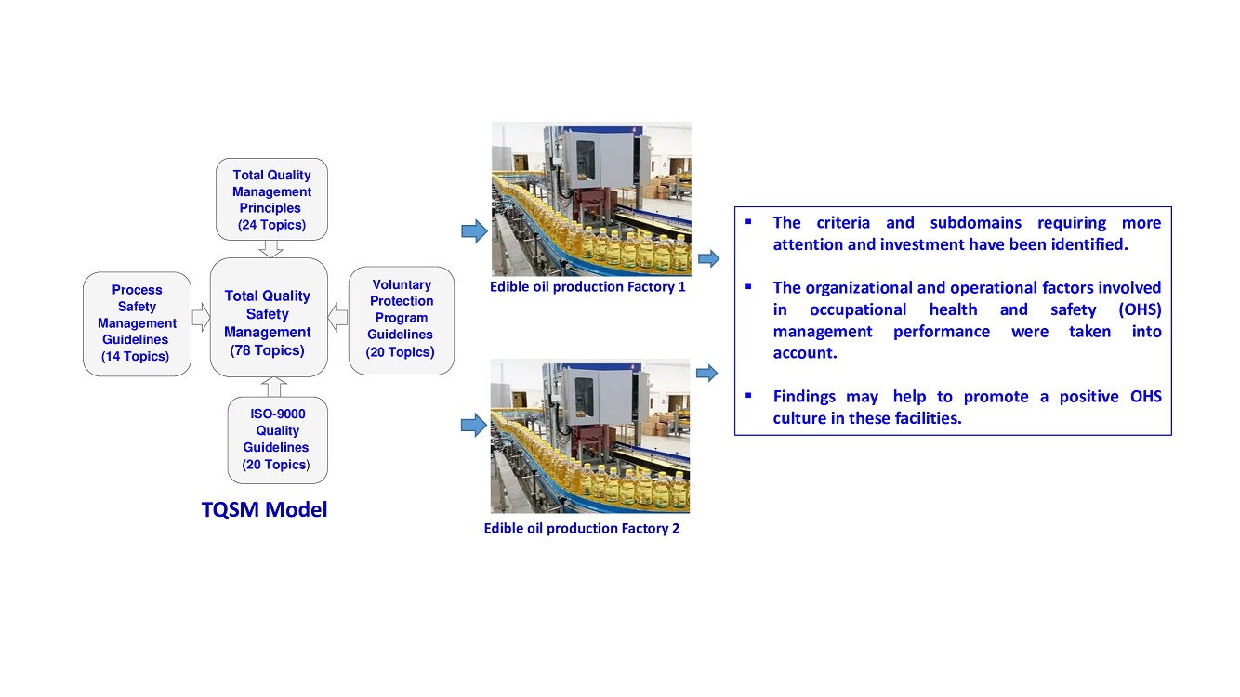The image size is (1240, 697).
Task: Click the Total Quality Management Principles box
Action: coord(271,199)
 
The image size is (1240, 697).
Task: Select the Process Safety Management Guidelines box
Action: coord(137,323)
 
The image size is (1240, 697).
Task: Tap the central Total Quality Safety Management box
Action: coord(268,317)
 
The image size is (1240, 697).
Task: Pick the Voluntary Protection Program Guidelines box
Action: coord(402,319)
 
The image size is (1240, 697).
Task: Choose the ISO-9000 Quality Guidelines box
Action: coord(277,439)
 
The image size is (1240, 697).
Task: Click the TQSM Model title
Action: coord(265,509)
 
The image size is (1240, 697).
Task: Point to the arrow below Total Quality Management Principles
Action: coord(270,248)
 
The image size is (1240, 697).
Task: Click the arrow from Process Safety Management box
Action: coord(201,319)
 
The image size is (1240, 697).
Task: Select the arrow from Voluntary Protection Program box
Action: coord(338,319)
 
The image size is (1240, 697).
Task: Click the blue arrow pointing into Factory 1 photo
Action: coord(474,231)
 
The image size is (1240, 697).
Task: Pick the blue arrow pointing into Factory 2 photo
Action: coord(474,426)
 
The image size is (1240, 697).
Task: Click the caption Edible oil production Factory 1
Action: coord(587,287)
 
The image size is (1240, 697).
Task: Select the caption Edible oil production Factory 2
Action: coord(582,529)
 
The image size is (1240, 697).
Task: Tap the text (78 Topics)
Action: coord(268,350)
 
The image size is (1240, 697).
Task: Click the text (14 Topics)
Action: coord(136,357)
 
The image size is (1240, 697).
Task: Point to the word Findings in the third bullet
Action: coord(804,397)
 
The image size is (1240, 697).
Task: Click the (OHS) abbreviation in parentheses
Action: coord(1141,310)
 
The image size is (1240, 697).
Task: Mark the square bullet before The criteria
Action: coord(748,223)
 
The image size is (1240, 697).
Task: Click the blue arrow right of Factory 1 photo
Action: coord(708,259)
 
